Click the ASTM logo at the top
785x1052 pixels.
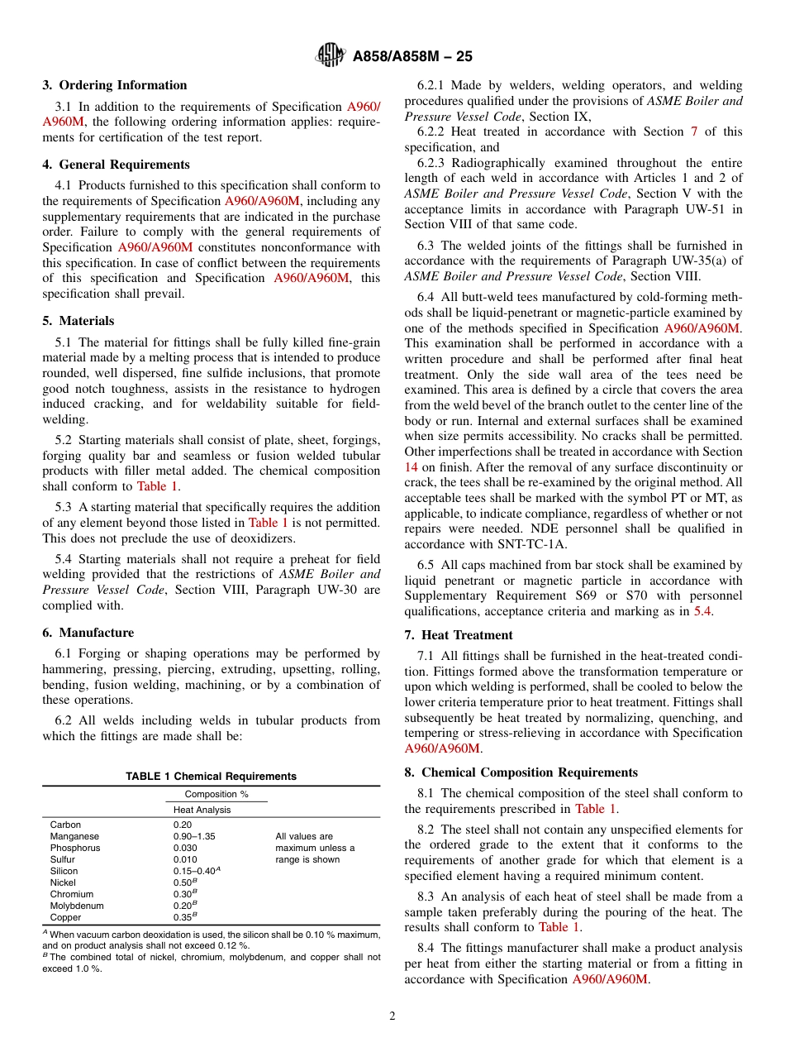click(x=331, y=56)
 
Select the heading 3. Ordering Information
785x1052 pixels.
click(x=115, y=85)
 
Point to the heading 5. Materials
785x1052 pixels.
click(x=78, y=321)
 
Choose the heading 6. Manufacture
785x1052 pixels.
click(x=88, y=633)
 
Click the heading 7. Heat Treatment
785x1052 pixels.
click(x=459, y=635)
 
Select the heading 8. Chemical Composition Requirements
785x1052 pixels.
click(x=521, y=772)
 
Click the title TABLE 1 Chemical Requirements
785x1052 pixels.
click(x=211, y=777)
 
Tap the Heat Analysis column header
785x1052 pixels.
click(x=202, y=810)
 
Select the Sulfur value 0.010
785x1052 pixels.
click(x=184, y=859)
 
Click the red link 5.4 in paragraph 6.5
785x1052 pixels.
click(x=702, y=611)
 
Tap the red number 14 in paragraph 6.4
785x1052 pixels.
click(x=411, y=466)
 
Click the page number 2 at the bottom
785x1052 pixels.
click(x=392, y=1016)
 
